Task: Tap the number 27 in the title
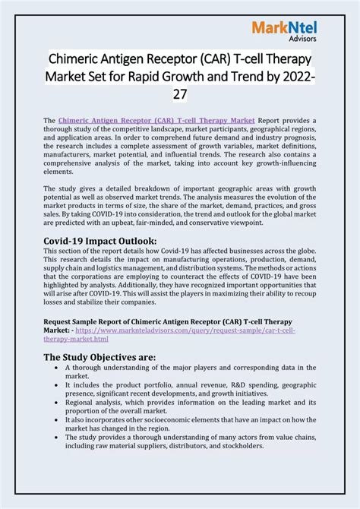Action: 179,93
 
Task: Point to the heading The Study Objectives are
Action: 99,356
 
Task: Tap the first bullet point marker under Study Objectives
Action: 58,368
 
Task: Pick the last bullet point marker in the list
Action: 58,437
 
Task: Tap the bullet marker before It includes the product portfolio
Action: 58,385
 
